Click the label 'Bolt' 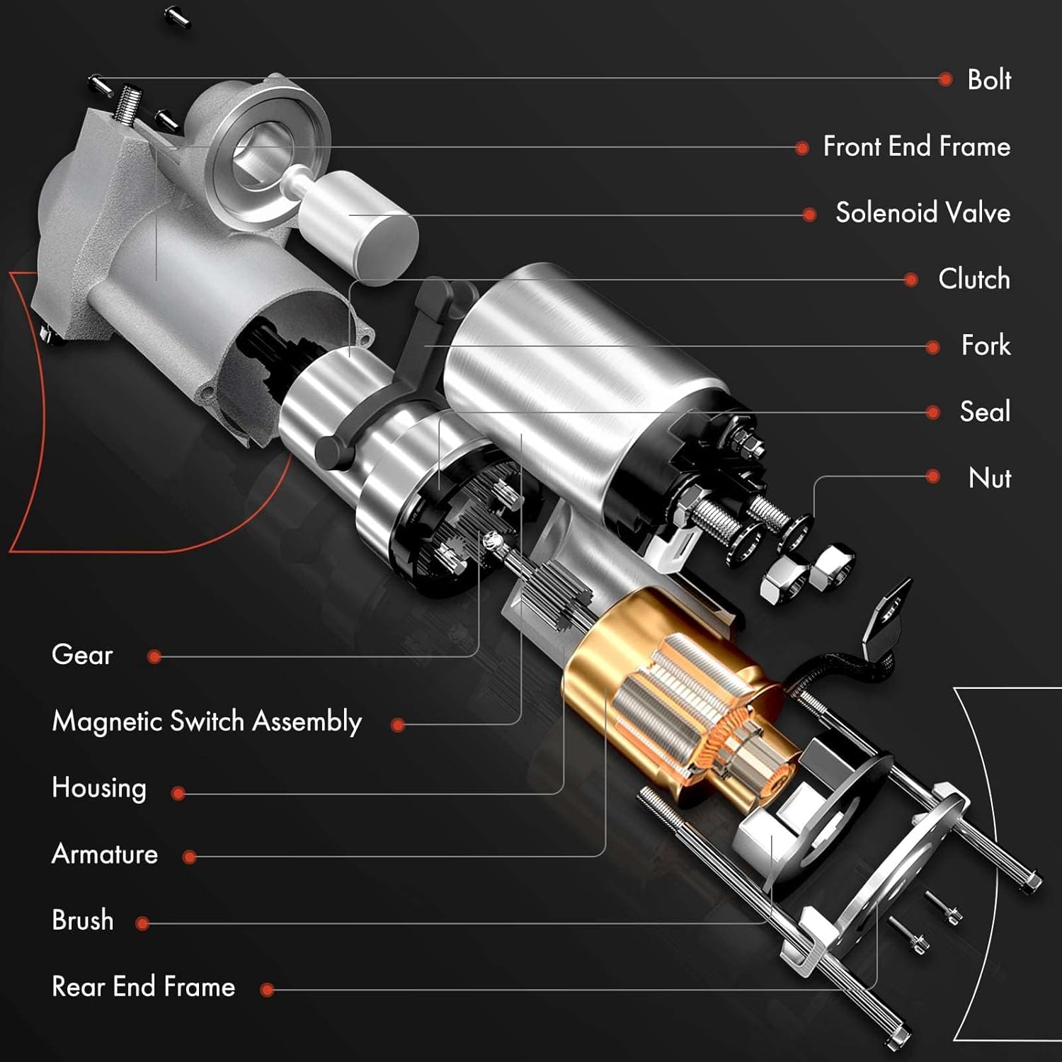coord(988,79)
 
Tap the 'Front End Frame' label coord(916,147)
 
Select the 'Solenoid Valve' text coord(923,212)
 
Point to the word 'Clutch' coord(973,279)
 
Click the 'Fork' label coord(986,346)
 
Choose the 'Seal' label coord(985,411)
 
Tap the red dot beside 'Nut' coord(933,477)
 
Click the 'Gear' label coord(82,655)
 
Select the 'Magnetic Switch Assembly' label coord(207,721)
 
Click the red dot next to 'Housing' coord(178,794)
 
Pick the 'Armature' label coord(105,855)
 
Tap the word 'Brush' coord(83,920)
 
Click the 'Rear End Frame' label coord(144,987)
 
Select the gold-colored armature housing coord(602,673)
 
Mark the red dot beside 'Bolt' coord(945,79)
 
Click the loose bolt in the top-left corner coord(177,16)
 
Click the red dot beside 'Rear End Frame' coord(267,990)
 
